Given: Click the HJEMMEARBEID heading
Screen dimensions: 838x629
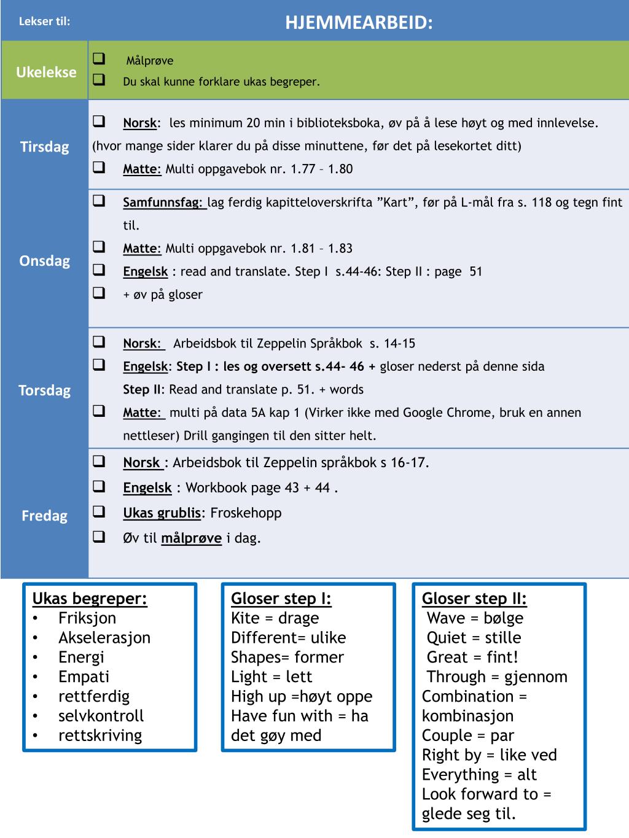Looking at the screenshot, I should [359, 23].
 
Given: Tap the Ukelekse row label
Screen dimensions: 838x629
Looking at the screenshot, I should [46, 72].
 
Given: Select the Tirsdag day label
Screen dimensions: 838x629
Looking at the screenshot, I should [45, 147].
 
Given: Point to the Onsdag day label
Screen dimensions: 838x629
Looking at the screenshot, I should [45, 261].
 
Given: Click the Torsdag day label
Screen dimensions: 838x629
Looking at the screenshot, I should [45, 390].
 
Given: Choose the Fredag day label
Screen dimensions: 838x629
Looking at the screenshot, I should [45, 516].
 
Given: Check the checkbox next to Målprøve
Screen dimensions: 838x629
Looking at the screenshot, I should [99, 60].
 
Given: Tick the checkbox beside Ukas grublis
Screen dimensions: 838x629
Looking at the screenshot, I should [99, 512].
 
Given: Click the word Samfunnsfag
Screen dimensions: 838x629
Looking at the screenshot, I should [164, 203].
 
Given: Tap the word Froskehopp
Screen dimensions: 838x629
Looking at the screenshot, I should [246, 513].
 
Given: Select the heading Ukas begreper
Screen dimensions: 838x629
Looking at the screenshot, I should [90, 599].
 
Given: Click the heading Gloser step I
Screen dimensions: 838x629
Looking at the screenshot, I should [281, 599].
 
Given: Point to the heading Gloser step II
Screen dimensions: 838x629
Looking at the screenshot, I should [474, 599].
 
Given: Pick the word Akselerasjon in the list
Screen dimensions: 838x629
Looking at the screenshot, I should [104, 638].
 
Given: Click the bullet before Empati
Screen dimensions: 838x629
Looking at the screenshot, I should [36, 677].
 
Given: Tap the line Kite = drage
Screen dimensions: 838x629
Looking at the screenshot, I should [275, 618].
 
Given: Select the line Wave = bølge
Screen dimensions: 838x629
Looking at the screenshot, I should [475, 618].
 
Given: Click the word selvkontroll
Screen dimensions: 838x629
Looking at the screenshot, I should [101, 716].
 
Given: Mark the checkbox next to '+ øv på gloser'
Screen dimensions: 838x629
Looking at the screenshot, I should [99, 293].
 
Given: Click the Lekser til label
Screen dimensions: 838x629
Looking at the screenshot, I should [45, 22].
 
